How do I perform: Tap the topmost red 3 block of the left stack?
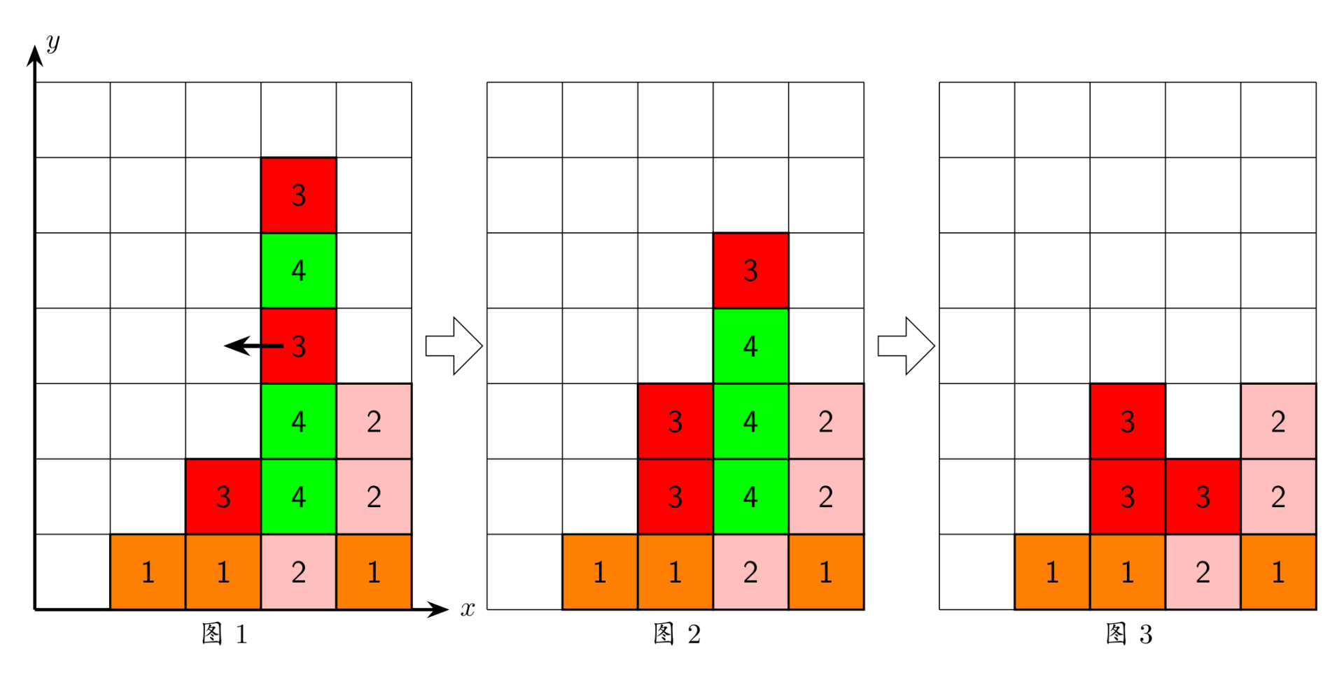pos(299,195)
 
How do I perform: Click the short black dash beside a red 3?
pos(272,346)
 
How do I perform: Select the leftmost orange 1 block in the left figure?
pos(148,572)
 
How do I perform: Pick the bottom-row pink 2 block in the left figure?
pos(299,572)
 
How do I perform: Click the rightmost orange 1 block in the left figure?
pos(374,572)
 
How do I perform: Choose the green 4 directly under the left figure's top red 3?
pos(299,271)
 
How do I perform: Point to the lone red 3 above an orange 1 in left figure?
pos(223,497)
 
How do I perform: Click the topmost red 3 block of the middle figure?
pos(750,271)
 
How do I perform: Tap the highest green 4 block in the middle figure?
pos(750,346)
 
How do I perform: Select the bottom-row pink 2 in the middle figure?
pos(750,572)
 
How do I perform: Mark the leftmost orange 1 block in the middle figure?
pos(600,572)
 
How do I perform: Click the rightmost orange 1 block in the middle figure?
pos(826,572)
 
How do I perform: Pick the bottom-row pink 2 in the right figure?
pos(1203,572)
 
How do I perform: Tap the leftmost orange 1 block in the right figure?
pos(1052,572)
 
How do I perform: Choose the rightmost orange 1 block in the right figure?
pos(1278,572)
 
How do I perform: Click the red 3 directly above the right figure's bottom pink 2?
pos(1203,497)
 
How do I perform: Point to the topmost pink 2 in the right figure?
pos(1278,421)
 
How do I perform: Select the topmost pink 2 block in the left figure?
pos(374,421)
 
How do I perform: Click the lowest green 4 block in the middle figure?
pos(750,497)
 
